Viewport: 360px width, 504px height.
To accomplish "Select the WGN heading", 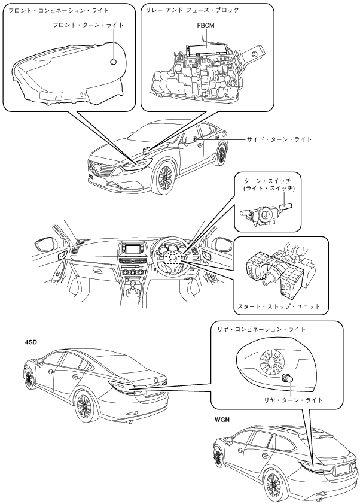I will pos(224,420).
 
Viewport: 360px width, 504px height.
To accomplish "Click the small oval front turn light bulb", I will pos(114,62).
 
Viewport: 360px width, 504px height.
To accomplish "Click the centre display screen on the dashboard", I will pos(131,248).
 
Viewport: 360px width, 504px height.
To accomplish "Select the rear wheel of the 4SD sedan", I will pos(84,406).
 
